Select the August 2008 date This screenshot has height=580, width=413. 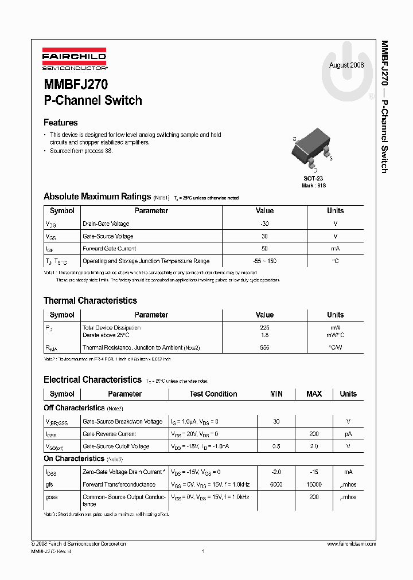pos(346,65)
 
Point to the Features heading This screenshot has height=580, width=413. pos(61,123)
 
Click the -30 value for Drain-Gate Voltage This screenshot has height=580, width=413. pos(264,224)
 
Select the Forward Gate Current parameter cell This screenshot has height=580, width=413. pos(110,249)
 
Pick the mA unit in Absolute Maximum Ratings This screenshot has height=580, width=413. pos(335,249)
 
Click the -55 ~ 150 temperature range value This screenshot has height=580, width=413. pos(264,261)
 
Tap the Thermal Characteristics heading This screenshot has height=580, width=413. pos(90,300)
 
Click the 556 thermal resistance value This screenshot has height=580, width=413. pos(264,347)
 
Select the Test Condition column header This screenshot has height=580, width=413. pos(213,394)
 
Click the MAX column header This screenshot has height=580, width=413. pos(314,394)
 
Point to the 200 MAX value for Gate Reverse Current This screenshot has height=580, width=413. pos(314,434)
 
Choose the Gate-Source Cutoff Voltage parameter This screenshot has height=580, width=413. pos(116,446)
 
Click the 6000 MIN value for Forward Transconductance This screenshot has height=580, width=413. pos(276,484)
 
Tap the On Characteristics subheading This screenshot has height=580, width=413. pos(73,458)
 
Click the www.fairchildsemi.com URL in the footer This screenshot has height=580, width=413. pos(351,543)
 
